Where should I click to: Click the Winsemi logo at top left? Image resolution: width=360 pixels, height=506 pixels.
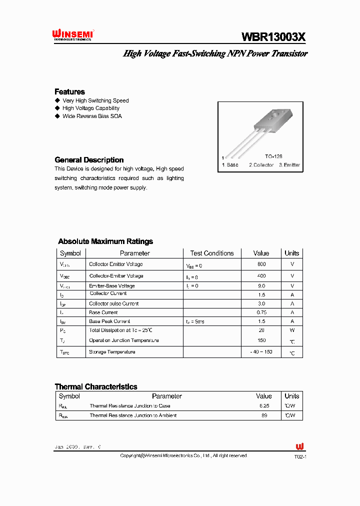click(73, 35)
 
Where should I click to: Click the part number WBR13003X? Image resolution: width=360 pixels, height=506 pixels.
click(273, 36)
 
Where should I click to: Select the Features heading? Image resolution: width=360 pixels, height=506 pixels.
click(69, 91)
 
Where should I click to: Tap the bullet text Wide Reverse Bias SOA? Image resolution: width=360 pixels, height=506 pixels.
click(92, 116)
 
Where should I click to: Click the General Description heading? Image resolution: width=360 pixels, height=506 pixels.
click(89, 160)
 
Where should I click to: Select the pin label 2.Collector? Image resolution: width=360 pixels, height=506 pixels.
click(261, 165)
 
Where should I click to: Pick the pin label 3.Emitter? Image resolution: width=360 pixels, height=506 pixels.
click(289, 165)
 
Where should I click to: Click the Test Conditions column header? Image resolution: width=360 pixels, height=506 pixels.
click(212, 253)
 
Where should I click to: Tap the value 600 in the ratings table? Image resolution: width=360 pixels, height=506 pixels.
click(261, 264)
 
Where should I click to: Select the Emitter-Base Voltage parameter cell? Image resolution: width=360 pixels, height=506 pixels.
click(112, 285)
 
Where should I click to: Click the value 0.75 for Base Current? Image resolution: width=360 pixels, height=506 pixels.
click(261, 312)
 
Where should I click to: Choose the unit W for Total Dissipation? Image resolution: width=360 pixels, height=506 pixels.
click(292, 330)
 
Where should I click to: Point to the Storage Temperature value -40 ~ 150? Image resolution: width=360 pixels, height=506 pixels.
click(261, 352)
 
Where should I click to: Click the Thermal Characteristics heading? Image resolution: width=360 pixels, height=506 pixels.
click(95, 386)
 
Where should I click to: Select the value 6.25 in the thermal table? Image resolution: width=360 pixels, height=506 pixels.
click(263, 406)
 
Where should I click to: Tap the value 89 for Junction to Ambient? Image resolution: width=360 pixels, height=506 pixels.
click(263, 415)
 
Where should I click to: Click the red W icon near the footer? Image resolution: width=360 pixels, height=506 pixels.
click(299, 446)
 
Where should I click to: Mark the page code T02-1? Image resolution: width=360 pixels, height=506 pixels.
click(299, 457)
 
